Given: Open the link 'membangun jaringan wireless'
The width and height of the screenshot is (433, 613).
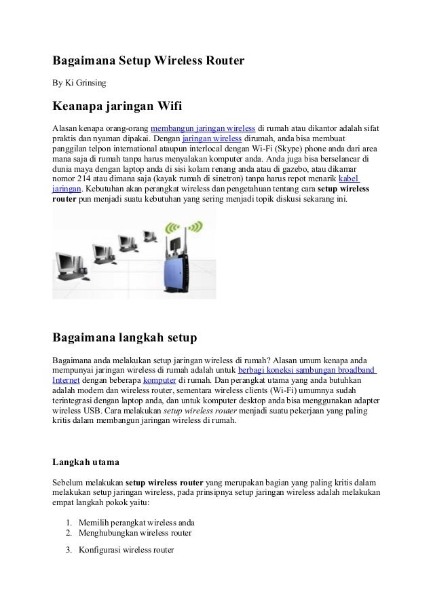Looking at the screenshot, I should coord(202,128).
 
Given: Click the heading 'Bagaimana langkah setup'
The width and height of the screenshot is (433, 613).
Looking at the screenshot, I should coord(124,337).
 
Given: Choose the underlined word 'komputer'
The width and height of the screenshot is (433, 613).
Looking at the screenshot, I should coord(159,380).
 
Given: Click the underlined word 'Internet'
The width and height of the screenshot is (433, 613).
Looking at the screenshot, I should coord(67,380).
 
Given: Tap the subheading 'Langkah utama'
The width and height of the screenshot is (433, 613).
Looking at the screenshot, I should coord(86,462).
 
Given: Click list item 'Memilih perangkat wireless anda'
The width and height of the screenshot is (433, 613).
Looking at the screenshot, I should coord(136,523).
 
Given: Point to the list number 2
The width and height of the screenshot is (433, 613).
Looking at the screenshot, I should coord(69,533).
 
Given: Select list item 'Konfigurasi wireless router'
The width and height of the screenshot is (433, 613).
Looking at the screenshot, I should coord(126,550).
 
